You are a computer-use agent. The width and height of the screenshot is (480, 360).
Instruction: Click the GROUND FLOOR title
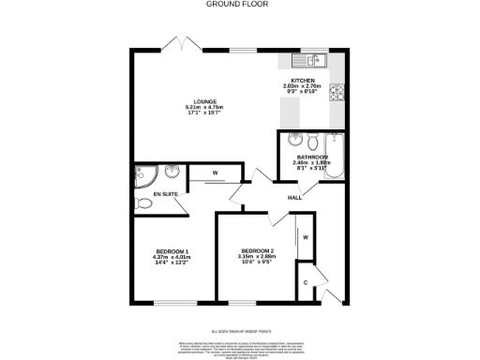pyautogui.click(x=240, y=4)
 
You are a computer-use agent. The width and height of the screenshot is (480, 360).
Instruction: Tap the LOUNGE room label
pyautogui.click(x=205, y=101)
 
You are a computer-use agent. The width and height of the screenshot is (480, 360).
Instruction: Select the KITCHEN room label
pyautogui.click(x=302, y=82)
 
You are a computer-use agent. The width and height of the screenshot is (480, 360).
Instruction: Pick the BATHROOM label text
pyautogui.click(x=310, y=157)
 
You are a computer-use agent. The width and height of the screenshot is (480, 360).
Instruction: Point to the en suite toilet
pyautogui.click(x=139, y=202)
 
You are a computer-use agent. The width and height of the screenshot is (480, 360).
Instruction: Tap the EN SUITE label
pyautogui.click(x=165, y=195)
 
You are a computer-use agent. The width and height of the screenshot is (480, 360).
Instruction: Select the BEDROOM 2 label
pyautogui.click(x=256, y=250)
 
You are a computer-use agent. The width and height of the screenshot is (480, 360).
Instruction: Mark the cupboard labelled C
pyautogui.click(x=305, y=282)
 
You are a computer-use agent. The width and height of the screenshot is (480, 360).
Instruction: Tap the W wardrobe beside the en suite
pyautogui.click(x=215, y=173)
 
